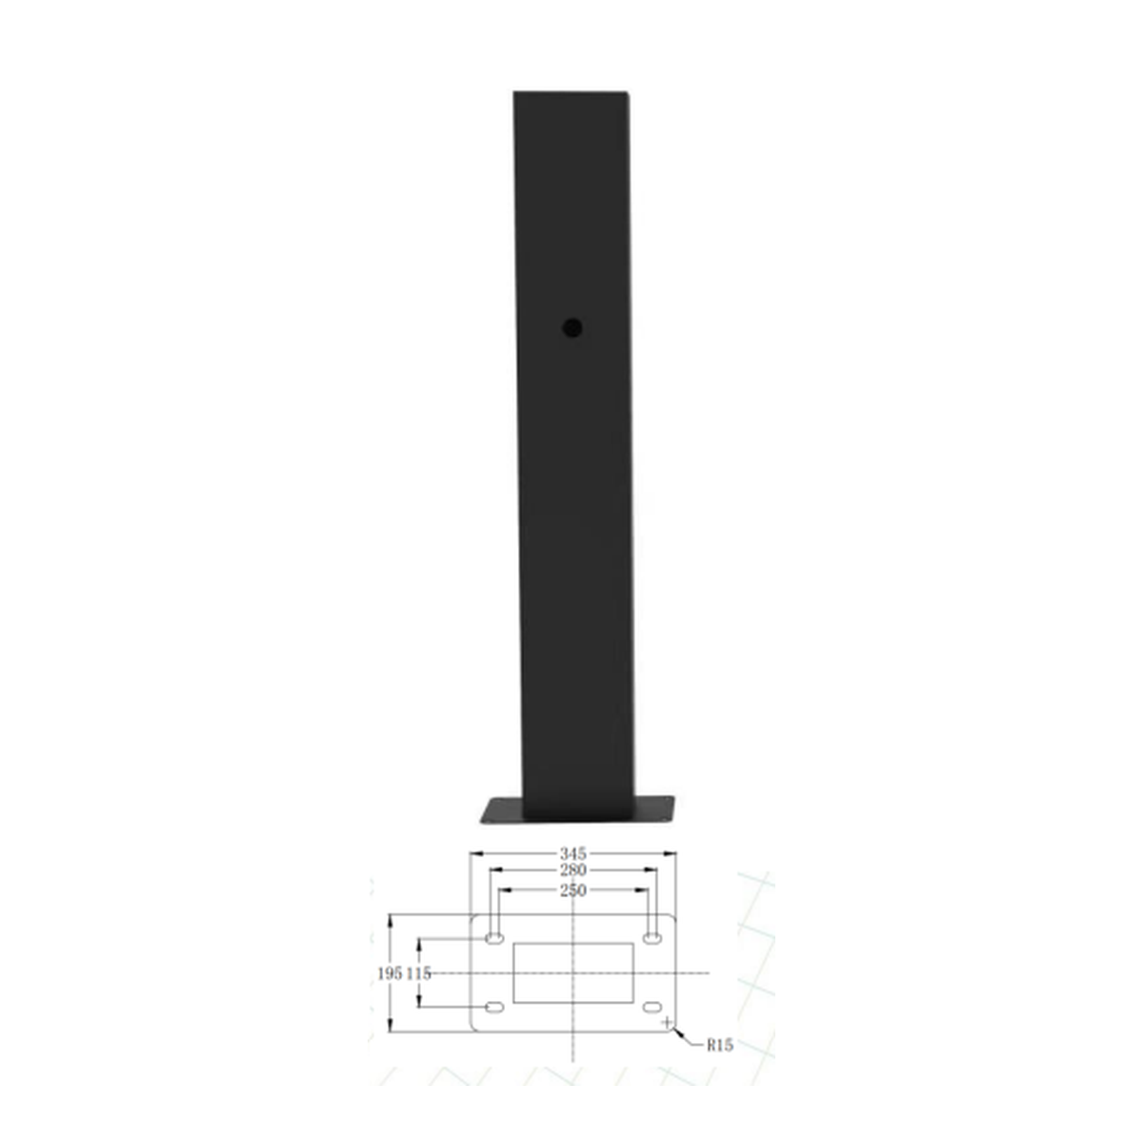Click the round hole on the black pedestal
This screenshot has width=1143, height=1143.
click(571, 328)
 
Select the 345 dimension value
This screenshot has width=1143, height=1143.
click(572, 853)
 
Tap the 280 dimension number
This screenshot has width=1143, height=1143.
click(572, 871)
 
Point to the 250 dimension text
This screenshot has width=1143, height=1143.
click(572, 891)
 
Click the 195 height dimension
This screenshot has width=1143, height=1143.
click(391, 973)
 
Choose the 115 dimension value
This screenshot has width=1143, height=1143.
click(419, 973)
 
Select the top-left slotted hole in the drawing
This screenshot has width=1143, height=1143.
click(494, 938)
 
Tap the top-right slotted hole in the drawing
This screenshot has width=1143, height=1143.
click(652, 938)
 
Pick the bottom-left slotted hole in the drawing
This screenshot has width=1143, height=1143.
click(494, 1007)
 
